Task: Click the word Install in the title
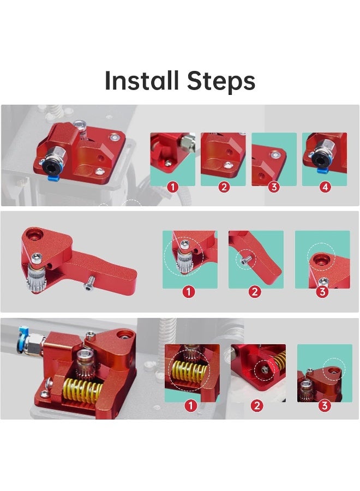click(x=142, y=81)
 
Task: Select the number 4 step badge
click(x=325, y=187)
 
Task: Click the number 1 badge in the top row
click(x=172, y=187)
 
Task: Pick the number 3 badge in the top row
click(x=274, y=187)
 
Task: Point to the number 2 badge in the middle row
click(x=255, y=291)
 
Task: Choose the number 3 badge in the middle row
click(x=322, y=291)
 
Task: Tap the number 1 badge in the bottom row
click(x=190, y=405)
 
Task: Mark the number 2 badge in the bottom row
click(x=257, y=405)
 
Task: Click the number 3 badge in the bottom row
click(x=325, y=405)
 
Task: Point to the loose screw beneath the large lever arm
click(x=88, y=285)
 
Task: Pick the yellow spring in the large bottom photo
click(x=82, y=390)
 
